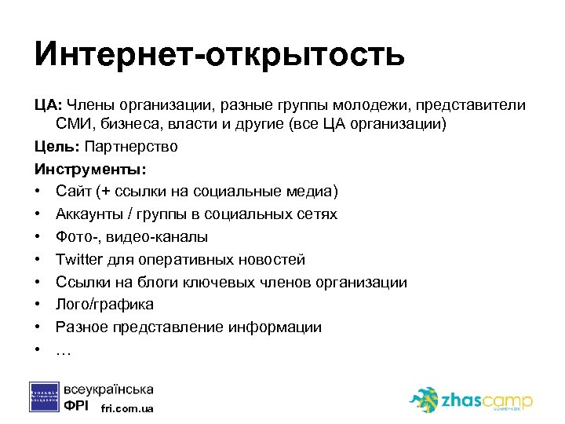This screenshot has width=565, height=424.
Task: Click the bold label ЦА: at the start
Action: [48, 105]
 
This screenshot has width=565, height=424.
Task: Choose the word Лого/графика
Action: [104, 305]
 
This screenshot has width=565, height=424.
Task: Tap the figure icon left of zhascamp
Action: [425, 399]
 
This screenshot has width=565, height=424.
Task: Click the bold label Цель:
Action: [56, 147]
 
